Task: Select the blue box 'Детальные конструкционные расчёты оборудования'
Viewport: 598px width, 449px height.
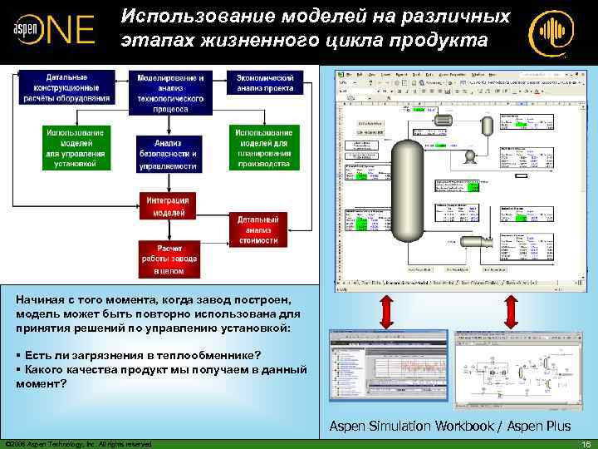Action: coord(72,86)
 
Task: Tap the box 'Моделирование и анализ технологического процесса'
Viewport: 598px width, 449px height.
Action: coord(169,92)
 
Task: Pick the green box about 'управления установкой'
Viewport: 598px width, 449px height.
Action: coord(76,148)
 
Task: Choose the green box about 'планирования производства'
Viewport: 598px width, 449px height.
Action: coord(263,148)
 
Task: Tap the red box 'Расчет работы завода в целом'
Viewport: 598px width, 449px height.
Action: coord(169,259)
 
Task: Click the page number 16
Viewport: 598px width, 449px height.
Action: coord(586,443)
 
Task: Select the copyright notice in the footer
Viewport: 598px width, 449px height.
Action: coord(78,444)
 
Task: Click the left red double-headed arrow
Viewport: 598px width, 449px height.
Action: coord(386,311)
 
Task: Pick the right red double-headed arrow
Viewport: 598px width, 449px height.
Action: coord(509,311)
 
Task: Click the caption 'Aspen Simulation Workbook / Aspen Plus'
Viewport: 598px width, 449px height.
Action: coord(449,426)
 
